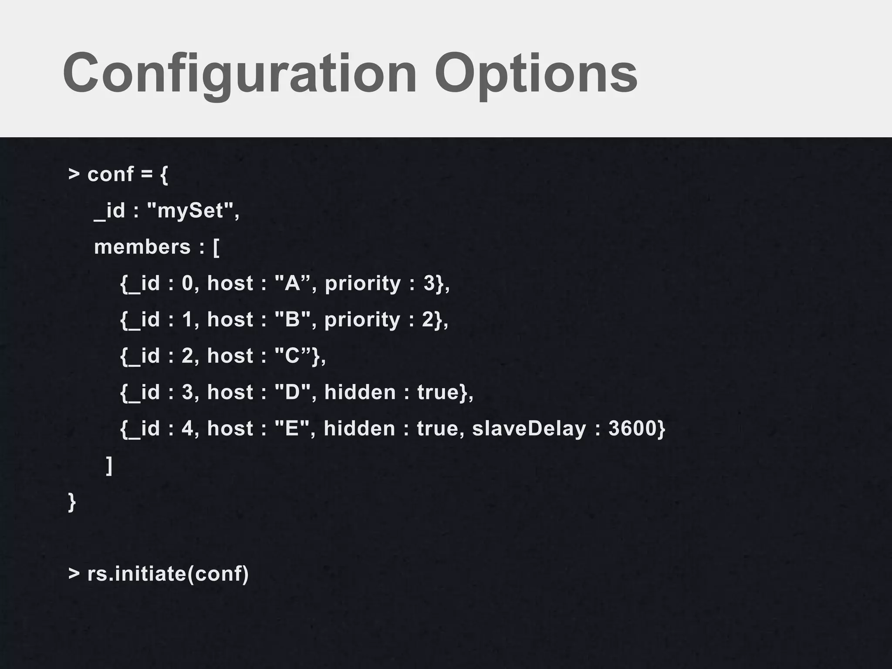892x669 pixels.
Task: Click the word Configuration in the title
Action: click(240, 73)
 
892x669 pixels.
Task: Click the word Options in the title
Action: click(536, 73)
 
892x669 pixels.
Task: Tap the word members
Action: click(142, 247)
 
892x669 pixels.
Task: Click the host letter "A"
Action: click(293, 284)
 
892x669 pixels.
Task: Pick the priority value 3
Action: click(429, 284)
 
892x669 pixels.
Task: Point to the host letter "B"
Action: click(293, 320)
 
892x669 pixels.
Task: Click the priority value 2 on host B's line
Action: click(429, 320)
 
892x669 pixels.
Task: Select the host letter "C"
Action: click(293, 356)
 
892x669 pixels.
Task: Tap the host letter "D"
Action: click(293, 392)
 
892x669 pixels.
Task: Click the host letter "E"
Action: click(292, 428)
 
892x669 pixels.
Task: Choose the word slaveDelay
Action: click(529, 428)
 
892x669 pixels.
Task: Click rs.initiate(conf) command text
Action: click(168, 574)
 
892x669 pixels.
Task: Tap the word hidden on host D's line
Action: click(360, 392)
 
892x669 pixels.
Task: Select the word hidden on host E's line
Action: click(359, 428)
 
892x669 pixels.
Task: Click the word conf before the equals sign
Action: click(111, 175)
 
